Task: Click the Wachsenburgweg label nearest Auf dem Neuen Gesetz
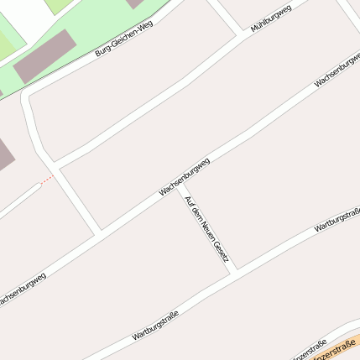pyautogui.click(x=185, y=176)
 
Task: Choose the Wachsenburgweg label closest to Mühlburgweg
pyautogui.click(x=336, y=72)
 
